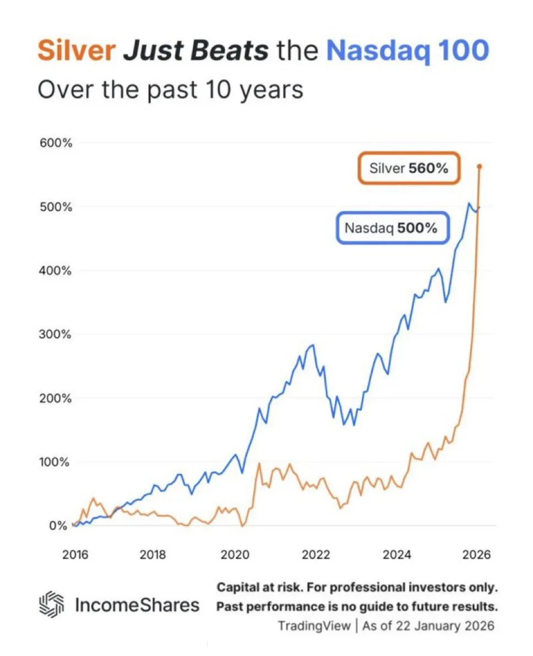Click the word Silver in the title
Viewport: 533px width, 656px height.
click(76, 51)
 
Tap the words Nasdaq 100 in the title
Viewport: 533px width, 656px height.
click(407, 51)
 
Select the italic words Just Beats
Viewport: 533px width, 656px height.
click(196, 51)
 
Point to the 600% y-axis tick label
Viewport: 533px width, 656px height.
click(56, 143)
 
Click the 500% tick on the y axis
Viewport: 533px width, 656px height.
click(56, 207)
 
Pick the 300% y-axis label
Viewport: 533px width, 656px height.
click(56, 335)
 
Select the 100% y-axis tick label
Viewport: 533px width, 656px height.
click(56, 462)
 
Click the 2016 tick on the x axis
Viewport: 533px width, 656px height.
click(75, 554)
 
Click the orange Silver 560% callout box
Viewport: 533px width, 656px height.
click(409, 168)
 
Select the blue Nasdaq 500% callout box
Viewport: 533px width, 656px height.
click(390, 227)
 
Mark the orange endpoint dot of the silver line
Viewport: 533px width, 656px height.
click(479, 166)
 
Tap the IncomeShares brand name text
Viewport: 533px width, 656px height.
click(137, 605)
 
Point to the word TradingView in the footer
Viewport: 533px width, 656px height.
click(314, 626)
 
